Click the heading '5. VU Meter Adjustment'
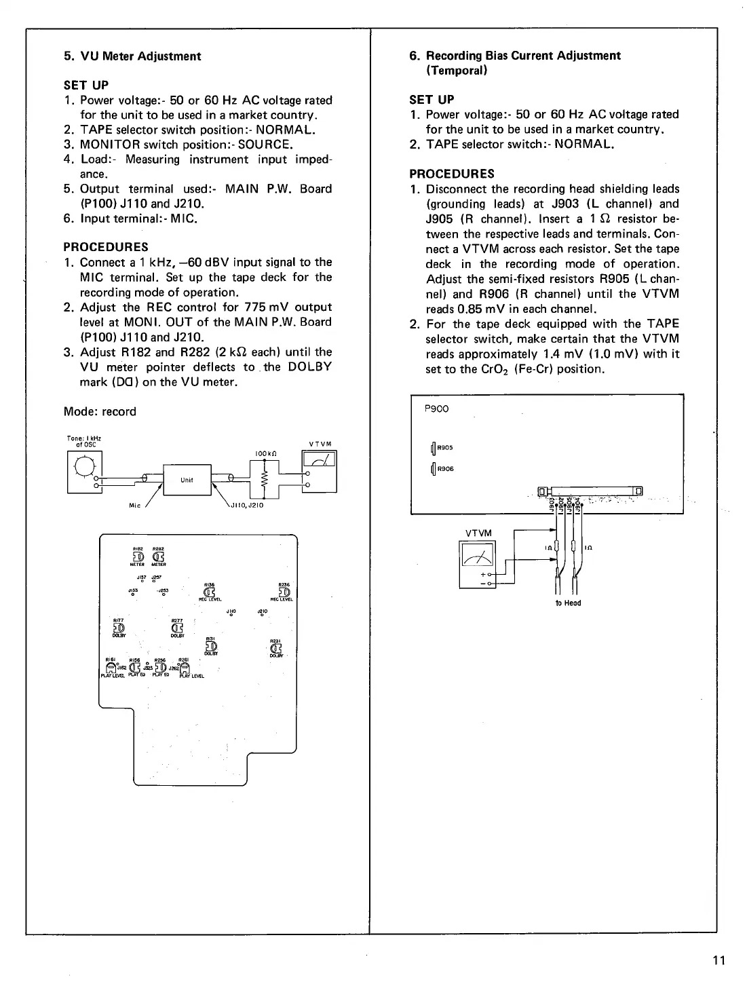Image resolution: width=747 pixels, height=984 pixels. pos(132,56)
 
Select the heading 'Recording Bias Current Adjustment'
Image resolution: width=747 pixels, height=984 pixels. pos(522,56)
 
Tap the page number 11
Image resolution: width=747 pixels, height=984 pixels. pos(719,960)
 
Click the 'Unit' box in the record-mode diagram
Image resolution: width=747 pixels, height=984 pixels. pos(187,480)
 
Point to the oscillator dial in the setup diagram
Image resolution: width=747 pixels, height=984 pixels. pos(85,467)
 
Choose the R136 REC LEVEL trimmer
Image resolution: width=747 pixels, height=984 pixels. pos(210,592)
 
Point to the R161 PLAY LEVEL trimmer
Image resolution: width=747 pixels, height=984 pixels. pos(112,668)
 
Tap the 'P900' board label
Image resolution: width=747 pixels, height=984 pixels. pos(436,409)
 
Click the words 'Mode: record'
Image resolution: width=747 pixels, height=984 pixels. pos(100,412)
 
